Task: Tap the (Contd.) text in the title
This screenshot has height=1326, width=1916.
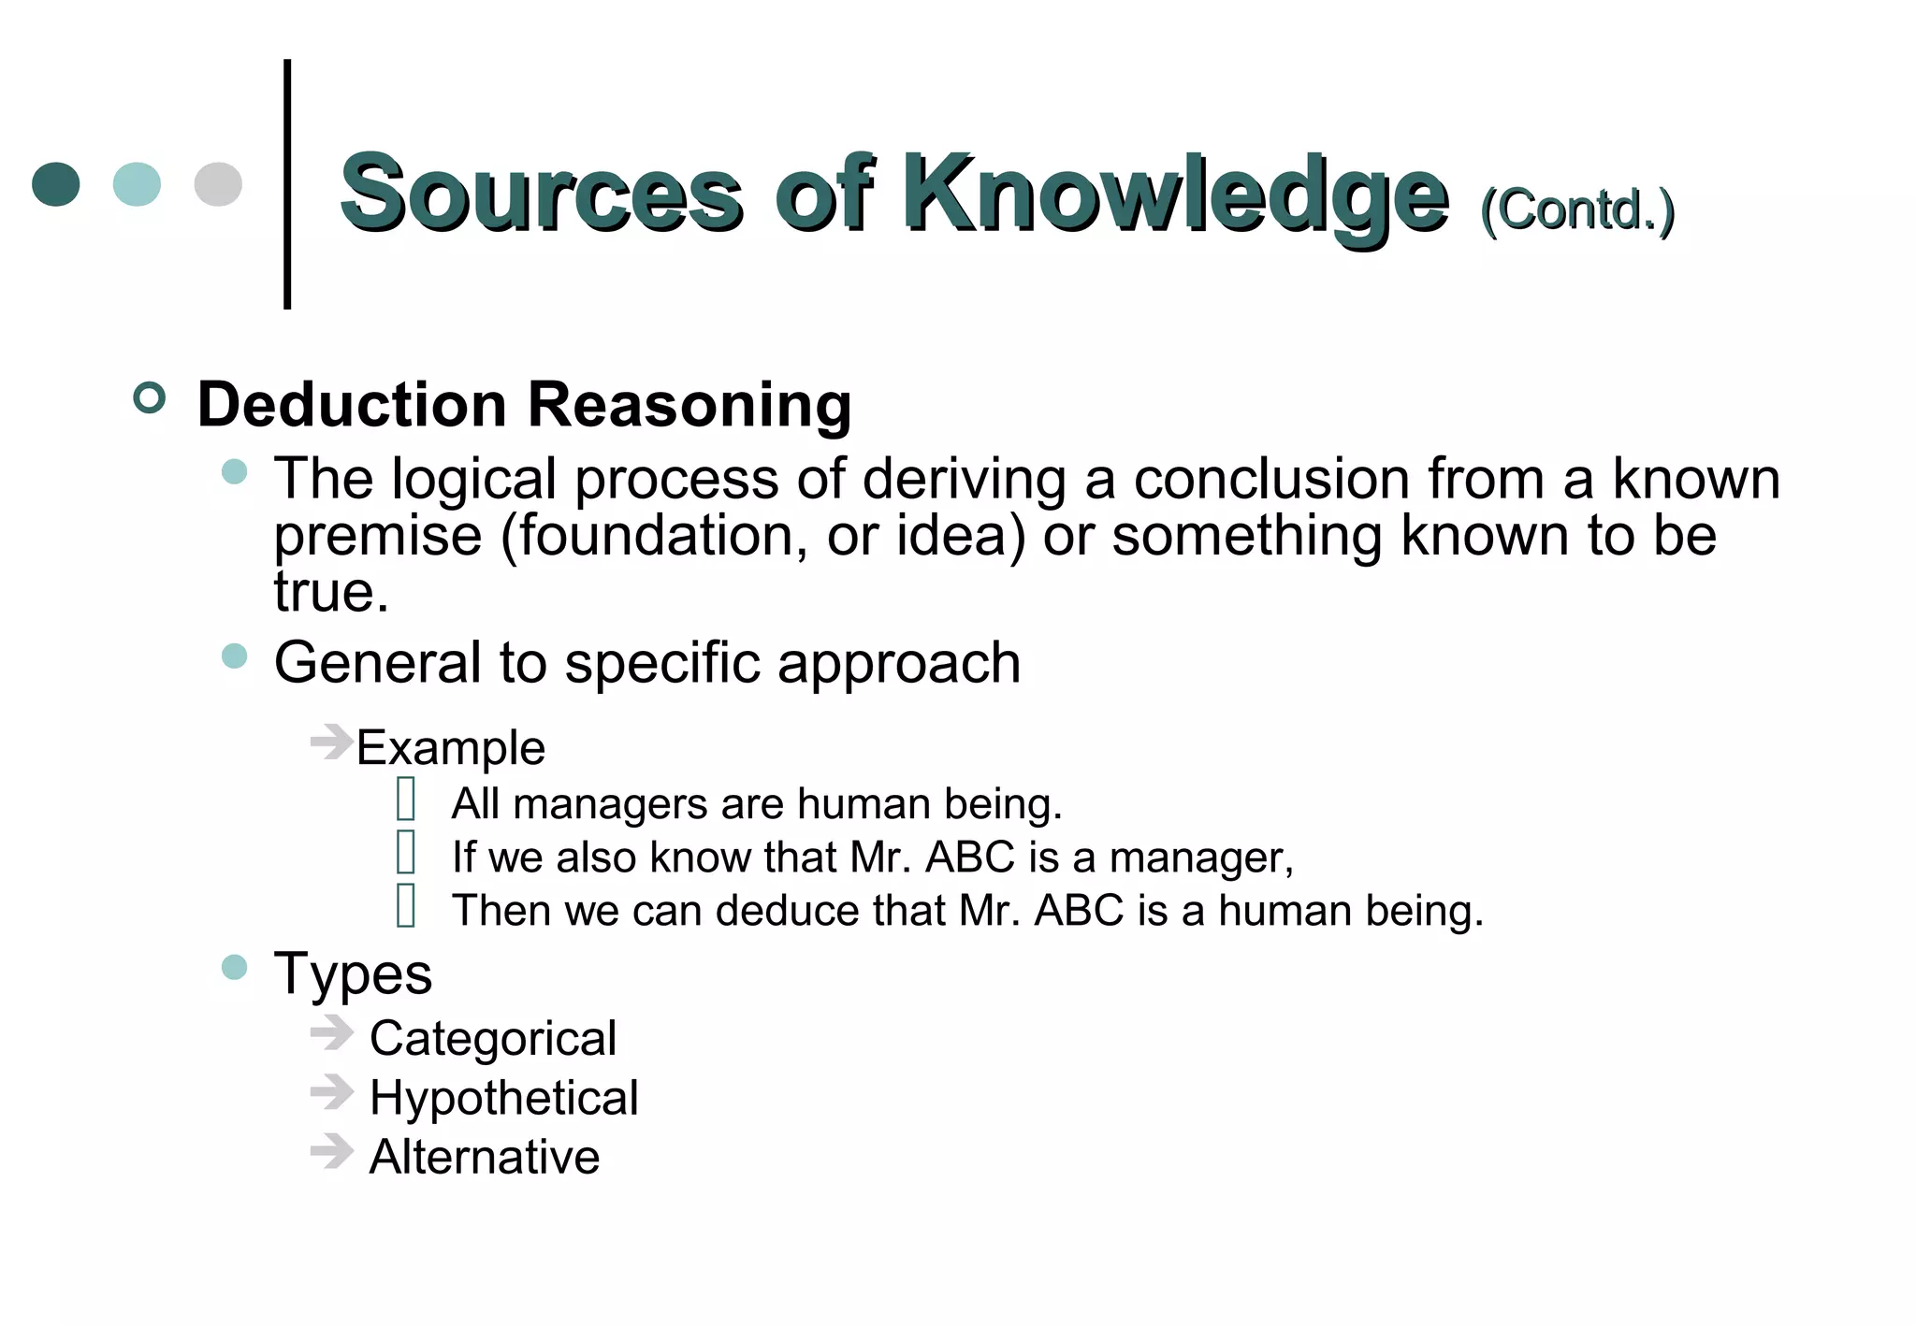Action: pos(1577,209)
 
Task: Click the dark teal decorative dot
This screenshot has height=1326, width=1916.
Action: pos(56,184)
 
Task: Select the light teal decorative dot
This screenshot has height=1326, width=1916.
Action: pos(137,184)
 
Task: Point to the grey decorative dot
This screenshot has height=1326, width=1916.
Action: pos(218,184)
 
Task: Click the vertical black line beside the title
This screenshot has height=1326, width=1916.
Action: pos(287,184)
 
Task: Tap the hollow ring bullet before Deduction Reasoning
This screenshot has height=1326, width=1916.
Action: pos(150,398)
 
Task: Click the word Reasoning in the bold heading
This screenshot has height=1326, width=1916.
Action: pos(689,405)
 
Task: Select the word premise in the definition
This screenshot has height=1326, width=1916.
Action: pos(377,536)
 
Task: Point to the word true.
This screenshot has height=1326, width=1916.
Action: pos(330,591)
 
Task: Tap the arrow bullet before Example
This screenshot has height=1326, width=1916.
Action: pos(331,742)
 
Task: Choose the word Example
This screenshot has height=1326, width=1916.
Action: pos(450,748)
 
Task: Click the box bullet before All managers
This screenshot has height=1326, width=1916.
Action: pos(406,800)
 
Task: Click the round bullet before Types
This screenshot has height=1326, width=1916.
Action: pos(235,967)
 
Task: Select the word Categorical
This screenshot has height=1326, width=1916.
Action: pos(493,1039)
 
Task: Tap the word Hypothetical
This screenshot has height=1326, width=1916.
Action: pos(503,1098)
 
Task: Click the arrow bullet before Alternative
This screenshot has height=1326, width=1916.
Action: pos(331,1151)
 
